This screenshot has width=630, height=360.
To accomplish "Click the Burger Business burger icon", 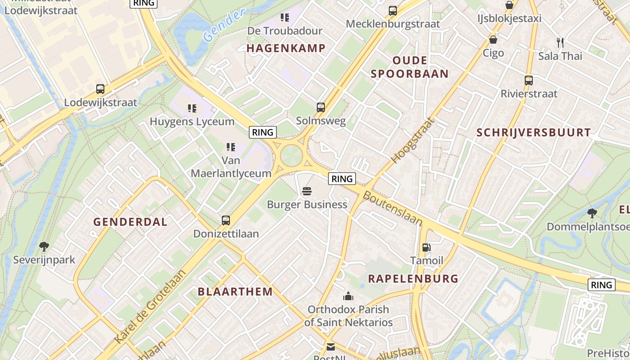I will pos(307,192).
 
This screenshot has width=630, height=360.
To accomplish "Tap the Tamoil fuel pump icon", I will pos(426,247).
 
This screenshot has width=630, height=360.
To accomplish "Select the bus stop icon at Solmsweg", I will pos(320,108).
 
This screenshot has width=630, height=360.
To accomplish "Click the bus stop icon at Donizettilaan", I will pos(226,220).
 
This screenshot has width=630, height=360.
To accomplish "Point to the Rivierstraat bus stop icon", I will pos(528,81).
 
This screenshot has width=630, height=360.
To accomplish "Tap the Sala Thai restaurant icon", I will pos(560,43).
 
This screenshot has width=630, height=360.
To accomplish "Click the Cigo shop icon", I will pos(493,40).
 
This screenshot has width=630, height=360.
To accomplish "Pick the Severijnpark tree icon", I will pos(44,246).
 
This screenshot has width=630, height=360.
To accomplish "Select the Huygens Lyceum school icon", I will pos(192,108).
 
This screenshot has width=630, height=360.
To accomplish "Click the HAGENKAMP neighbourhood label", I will pos(286,48).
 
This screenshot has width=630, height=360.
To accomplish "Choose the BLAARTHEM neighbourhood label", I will pos(235,292).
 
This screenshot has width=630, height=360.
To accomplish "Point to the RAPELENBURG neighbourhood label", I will pos(413,279).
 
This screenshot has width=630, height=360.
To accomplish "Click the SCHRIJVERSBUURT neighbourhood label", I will pos(533,132).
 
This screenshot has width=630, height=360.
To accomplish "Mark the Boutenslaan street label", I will pos(392,208).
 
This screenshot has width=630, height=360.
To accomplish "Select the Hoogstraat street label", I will pos(414,140).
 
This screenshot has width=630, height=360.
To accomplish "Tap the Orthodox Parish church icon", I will pos(348,296).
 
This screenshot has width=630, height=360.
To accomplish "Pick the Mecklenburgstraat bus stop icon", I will pos(393,10).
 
